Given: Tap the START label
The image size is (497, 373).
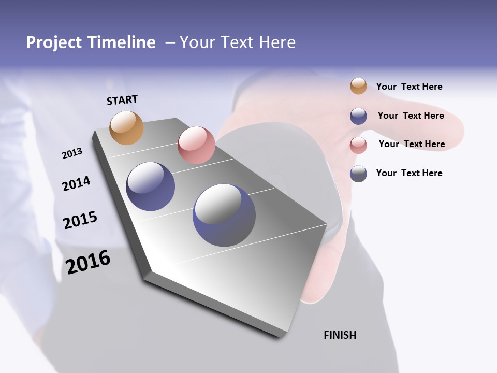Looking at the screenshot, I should click(x=122, y=100).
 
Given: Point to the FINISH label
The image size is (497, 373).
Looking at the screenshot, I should click(x=340, y=335).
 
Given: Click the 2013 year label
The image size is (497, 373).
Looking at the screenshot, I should click(x=72, y=153).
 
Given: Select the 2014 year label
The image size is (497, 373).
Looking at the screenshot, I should click(x=76, y=183).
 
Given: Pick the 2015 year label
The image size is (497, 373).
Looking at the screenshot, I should click(x=80, y=220).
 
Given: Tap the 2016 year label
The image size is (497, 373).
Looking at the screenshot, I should click(x=88, y=262).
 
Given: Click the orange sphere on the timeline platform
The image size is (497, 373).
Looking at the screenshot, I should click(x=127, y=127).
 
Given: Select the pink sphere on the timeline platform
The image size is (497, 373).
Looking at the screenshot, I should click(x=196, y=145).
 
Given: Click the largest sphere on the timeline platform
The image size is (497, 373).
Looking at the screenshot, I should click(x=224, y=215).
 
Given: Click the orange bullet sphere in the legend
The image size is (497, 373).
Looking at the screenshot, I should click(x=358, y=87).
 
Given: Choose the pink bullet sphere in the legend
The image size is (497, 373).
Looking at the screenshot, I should click(x=358, y=145).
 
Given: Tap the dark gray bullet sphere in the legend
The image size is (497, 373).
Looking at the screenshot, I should click(x=358, y=174).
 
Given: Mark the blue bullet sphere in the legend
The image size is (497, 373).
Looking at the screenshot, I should click(x=358, y=116).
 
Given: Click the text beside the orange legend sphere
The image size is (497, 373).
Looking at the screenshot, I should click(x=409, y=87).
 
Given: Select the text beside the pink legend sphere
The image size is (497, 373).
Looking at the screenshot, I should click(x=412, y=144).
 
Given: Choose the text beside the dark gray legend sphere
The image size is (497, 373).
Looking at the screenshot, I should click(x=409, y=173).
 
